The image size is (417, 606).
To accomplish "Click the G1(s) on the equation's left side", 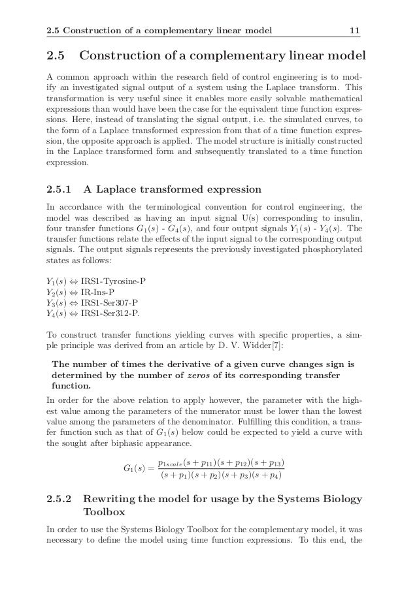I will pyautogui.click(x=136, y=468).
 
